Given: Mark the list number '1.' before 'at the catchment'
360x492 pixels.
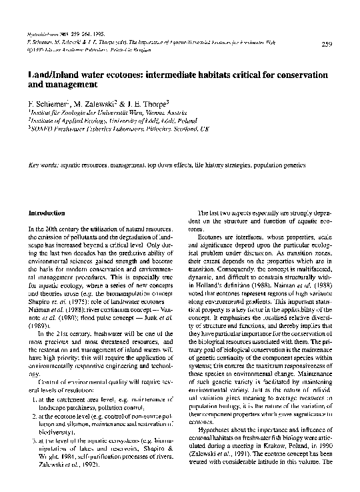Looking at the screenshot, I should point(33,399).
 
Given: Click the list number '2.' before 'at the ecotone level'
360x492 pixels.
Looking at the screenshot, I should point(33,415).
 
